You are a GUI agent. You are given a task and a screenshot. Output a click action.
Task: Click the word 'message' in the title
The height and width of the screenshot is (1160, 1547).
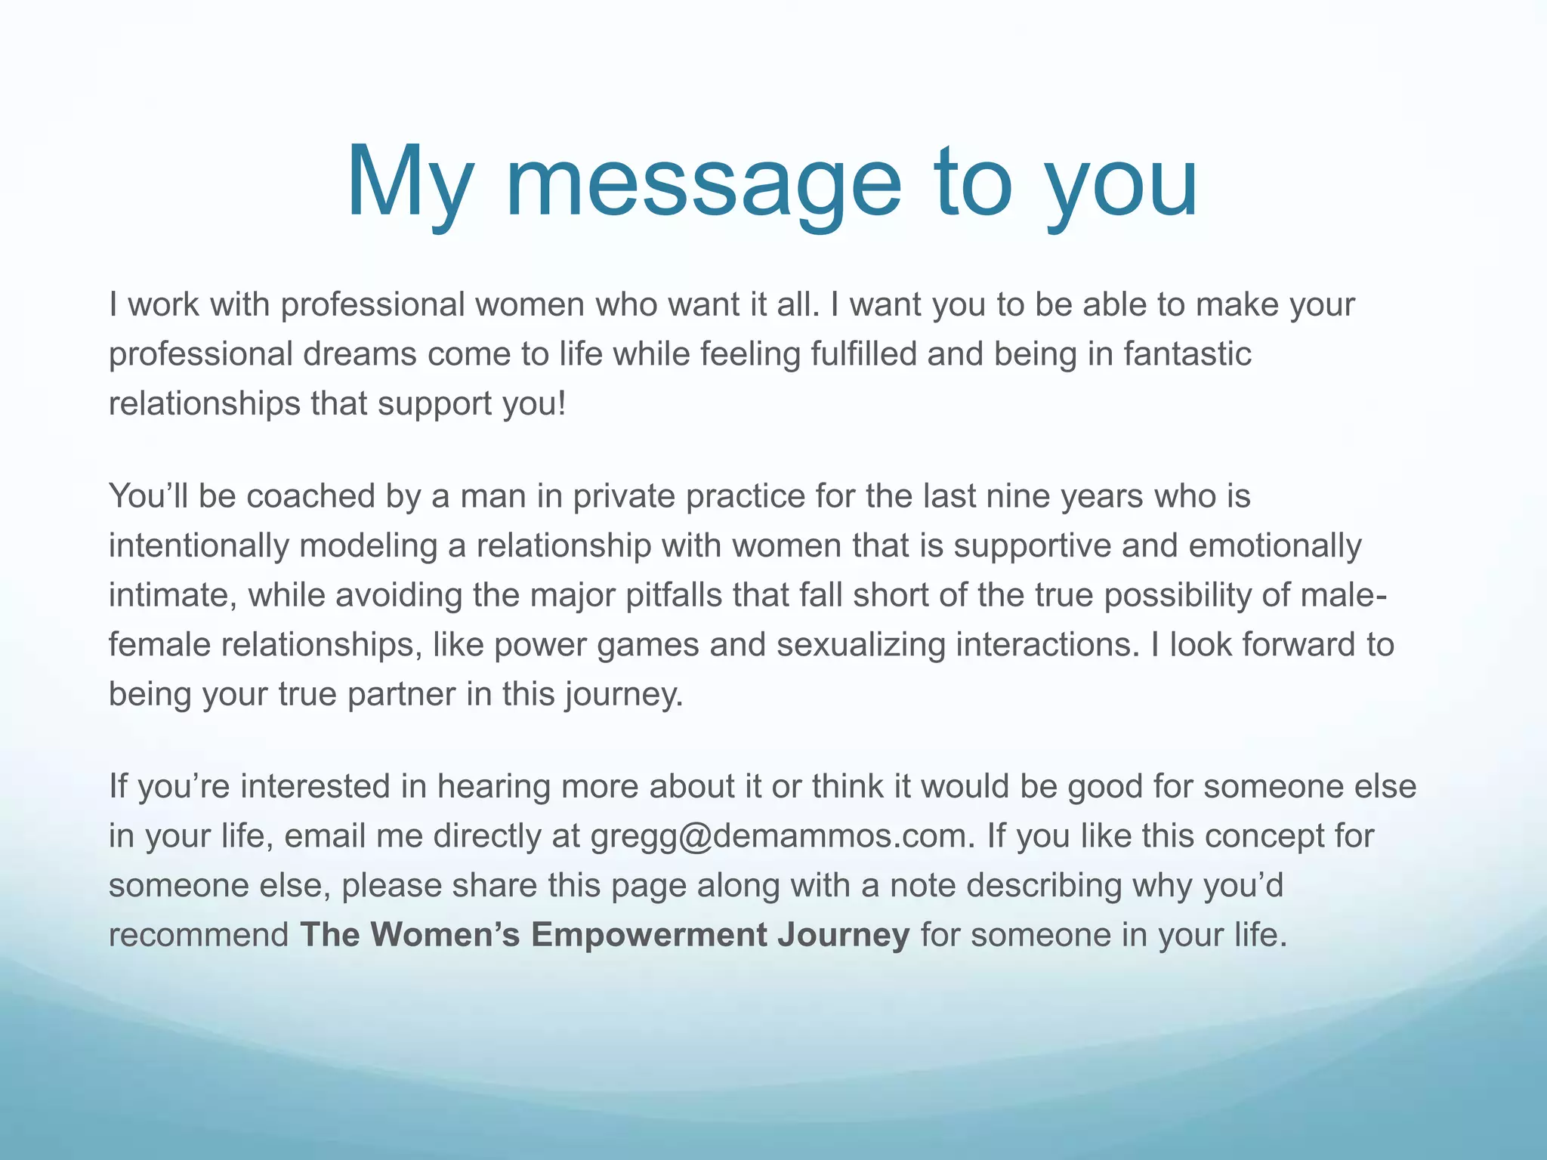[702, 183]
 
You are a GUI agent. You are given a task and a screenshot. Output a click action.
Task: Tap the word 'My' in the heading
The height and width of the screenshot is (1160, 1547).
[409, 183]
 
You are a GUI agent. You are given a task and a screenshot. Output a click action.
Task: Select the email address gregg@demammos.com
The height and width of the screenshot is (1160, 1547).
[779, 836]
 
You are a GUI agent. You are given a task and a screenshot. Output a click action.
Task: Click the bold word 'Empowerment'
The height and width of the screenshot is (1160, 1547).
[649, 934]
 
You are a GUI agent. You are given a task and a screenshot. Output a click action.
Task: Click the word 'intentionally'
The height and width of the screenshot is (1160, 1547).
[199, 546]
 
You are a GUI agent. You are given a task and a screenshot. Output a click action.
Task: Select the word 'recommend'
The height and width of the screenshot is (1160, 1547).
[199, 934]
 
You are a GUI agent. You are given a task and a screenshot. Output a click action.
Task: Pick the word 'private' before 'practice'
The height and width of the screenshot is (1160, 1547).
[624, 496]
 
